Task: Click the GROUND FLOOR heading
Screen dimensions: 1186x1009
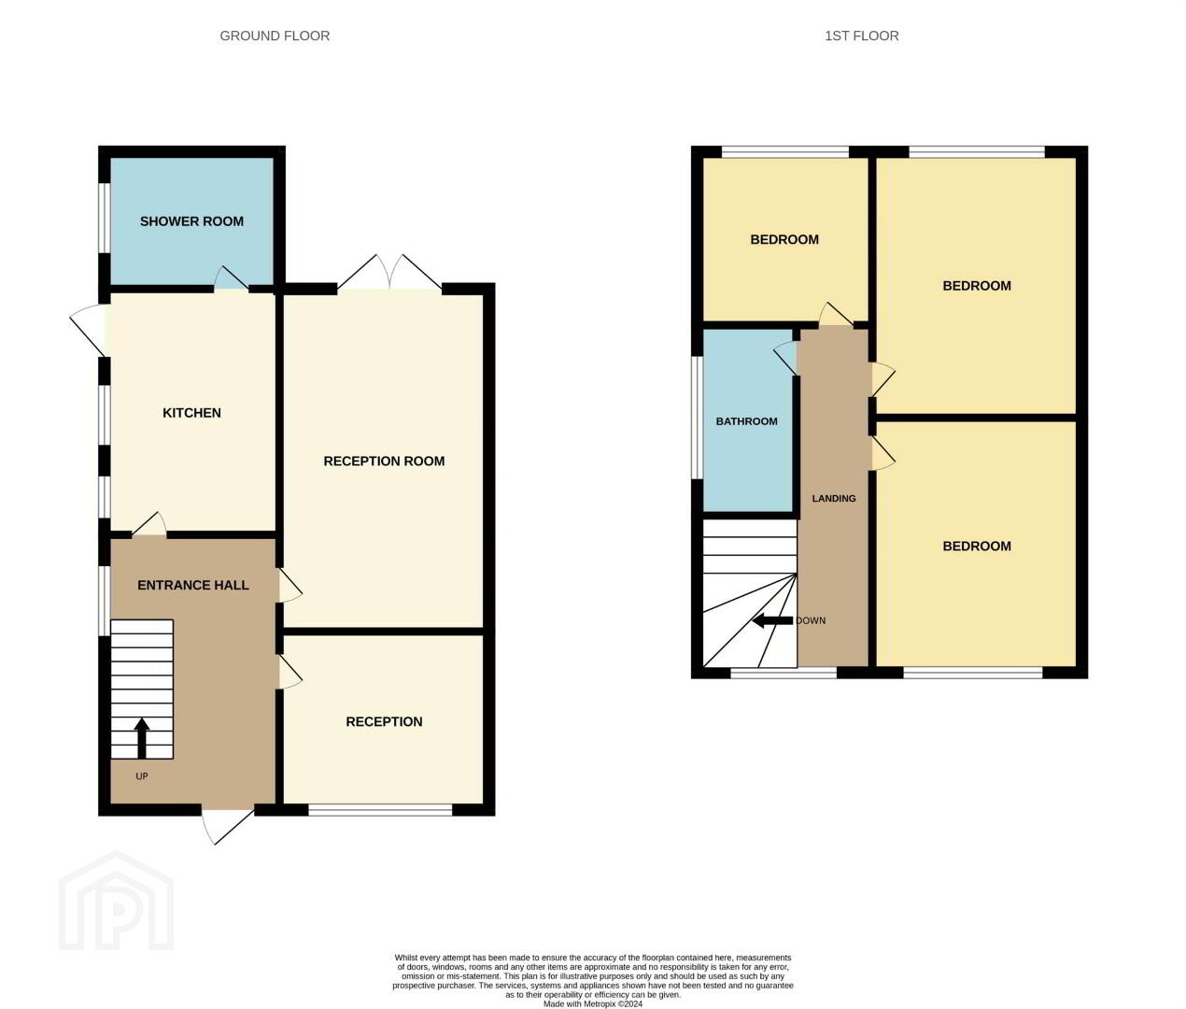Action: click(x=275, y=36)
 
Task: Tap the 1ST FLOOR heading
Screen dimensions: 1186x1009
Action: click(x=861, y=36)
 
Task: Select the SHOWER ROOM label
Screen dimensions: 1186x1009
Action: click(x=191, y=221)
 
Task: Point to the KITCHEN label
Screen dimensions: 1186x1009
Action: click(x=191, y=413)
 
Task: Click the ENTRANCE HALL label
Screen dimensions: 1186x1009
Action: click(x=192, y=585)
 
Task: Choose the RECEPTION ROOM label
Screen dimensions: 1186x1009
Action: click(x=384, y=461)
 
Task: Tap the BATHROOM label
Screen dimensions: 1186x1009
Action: click(x=746, y=421)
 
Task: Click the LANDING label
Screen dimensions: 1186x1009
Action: click(x=834, y=498)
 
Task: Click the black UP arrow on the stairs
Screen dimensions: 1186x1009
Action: click(x=142, y=738)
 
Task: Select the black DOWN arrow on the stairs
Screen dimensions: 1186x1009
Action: click(x=772, y=620)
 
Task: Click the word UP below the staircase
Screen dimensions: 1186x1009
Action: click(x=142, y=776)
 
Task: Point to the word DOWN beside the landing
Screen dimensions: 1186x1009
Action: click(x=811, y=620)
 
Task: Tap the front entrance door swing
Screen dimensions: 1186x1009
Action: click(x=227, y=827)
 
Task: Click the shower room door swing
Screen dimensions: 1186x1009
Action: click(x=232, y=277)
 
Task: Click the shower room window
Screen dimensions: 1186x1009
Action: click(x=105, y=218)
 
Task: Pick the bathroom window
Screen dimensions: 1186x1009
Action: click(x=698, y=418)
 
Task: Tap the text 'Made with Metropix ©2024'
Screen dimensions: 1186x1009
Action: click(x=593, y=1003)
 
